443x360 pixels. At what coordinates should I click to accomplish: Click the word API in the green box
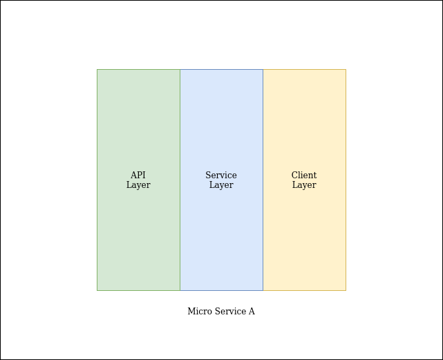pos(138,176)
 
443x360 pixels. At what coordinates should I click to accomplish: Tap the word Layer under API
pos(138,185)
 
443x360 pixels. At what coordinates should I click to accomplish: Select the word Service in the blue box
pos(221,176)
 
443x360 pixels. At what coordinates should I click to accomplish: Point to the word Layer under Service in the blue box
pos(221,185)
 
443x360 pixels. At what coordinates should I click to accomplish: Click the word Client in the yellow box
pos(304,176)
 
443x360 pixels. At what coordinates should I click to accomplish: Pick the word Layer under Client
pos(304,185)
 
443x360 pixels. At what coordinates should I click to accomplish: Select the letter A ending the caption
pos(252,312)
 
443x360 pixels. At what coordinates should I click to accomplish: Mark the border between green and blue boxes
pos(180,180)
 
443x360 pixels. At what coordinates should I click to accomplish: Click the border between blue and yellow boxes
pos(263,180)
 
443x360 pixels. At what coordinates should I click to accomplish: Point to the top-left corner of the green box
pos(97,70)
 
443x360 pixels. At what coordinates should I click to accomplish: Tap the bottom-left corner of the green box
pos(97,290)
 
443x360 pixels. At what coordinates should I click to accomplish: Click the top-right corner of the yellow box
pos(346,70)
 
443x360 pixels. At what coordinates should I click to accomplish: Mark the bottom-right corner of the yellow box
pos(346,290)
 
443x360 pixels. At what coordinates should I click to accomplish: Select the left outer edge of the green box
pos(97,180)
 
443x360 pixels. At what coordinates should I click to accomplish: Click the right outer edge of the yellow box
pos(346,180)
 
